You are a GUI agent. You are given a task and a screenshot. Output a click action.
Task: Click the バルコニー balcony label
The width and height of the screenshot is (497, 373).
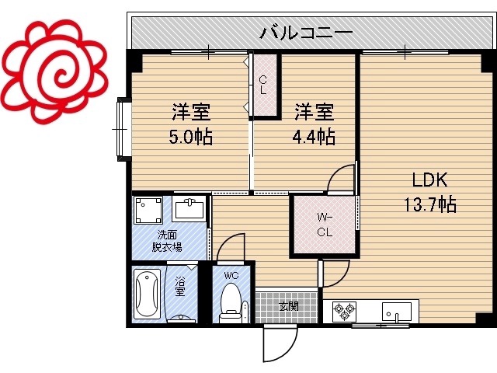(x=306, y=32)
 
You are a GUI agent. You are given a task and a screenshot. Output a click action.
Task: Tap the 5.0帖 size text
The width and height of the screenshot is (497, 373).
(x=191, y=137)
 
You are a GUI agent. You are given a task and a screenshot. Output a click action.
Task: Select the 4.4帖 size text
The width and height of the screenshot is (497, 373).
(x=314, y=137)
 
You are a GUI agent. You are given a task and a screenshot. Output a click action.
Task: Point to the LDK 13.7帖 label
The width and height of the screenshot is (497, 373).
(x=430, y=192)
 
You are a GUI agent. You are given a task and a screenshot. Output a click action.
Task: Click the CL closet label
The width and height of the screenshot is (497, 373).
(x=262, y=85)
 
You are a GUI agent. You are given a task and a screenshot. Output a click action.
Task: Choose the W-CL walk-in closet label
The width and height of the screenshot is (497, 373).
(x=325, y=225)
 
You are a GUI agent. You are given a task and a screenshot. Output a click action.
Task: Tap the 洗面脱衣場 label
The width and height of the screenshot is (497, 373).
(x=167, y=241)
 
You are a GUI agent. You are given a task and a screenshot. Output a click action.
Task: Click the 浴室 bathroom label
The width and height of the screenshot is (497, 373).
(x=180, y=286)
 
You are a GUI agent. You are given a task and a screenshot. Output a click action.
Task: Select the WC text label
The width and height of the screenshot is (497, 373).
(x=231, y=275)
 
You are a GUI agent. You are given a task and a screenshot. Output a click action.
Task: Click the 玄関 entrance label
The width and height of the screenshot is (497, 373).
(x=288, y=306)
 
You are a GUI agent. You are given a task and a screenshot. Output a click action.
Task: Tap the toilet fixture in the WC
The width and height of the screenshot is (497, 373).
(x=231, y=303)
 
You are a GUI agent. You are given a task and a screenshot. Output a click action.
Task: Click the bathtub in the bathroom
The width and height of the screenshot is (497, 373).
(x=147, y=294)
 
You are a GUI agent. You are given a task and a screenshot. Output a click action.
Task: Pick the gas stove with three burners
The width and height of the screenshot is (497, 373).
(x=344, y=311)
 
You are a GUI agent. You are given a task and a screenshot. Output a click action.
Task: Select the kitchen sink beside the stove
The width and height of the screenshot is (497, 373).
(x=397, y=311)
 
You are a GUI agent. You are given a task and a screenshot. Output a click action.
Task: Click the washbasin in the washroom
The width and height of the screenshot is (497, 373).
(x=189, y=209)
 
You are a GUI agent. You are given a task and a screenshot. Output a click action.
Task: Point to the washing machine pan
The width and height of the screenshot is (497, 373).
(x=148, y=211)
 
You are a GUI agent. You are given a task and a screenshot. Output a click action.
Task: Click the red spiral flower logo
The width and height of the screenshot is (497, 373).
(x=55, y=72)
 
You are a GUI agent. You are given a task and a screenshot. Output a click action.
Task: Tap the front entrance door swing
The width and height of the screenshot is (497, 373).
(x=280, y=344)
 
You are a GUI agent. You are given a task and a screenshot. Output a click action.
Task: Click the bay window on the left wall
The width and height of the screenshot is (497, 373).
(x=123, y=130)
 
